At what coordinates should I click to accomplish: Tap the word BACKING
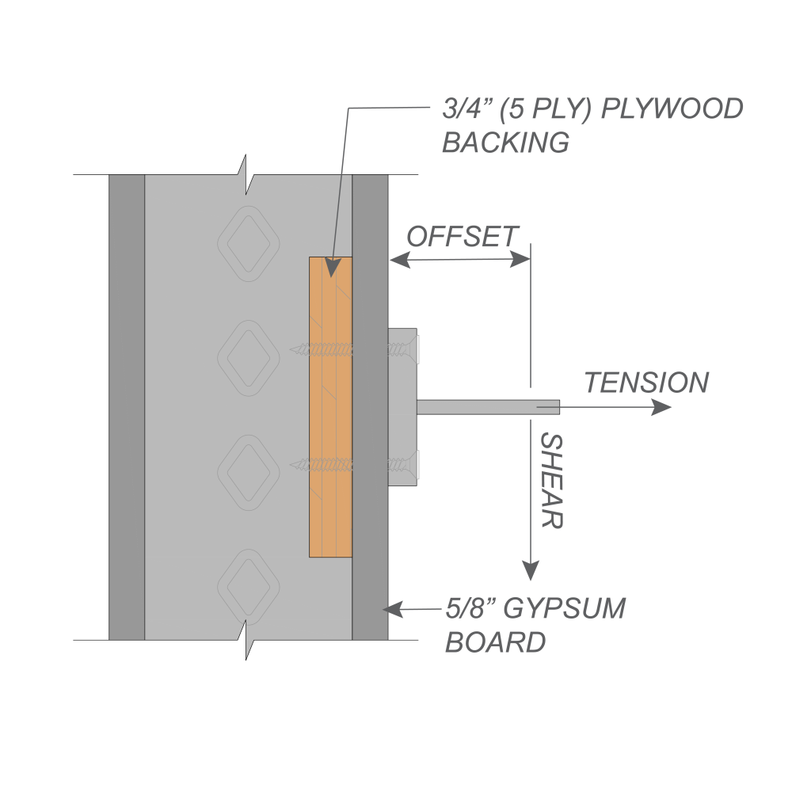coord(505,143)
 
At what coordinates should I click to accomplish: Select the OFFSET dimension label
coord(462,236)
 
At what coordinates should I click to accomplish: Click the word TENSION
coord(646,383)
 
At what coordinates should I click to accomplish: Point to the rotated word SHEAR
coord(551,481)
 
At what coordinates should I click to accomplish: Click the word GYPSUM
coord(565,609)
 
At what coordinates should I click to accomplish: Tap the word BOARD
coord(495,642)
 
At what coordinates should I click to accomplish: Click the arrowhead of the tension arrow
coord(662,407)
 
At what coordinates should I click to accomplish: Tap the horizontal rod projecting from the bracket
coord(487,407)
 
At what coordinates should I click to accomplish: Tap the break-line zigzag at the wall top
coord(248,178)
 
